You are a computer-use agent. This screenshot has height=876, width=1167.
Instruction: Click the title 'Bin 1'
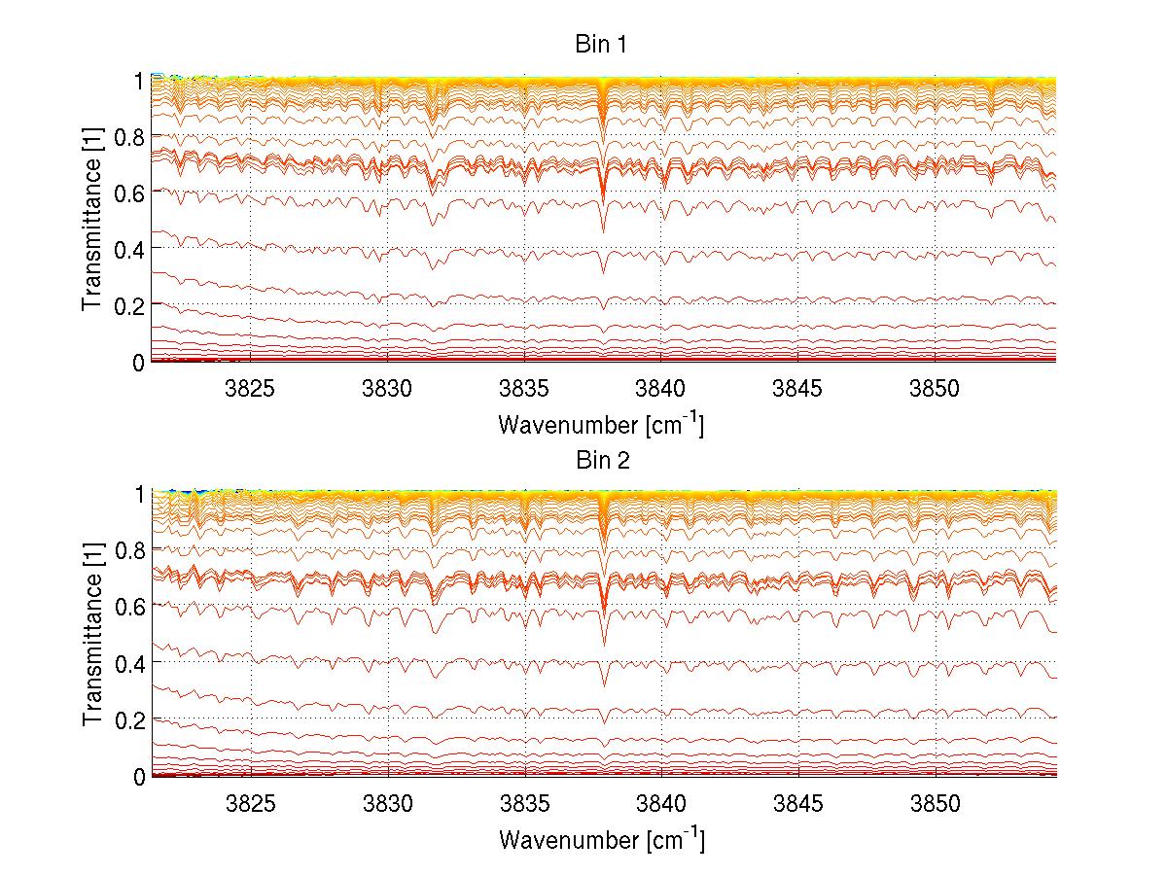point(600,46)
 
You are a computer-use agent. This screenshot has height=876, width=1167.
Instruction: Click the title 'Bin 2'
point(600,461)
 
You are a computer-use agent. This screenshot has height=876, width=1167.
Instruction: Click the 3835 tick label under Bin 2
point(525,804)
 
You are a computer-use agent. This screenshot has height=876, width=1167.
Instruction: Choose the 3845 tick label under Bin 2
point(798,804)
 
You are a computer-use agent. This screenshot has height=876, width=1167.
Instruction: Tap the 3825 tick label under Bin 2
point(251,804)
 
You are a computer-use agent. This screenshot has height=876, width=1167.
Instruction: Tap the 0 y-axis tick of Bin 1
point(140,362)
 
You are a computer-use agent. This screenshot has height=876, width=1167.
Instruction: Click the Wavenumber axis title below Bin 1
point(600,425)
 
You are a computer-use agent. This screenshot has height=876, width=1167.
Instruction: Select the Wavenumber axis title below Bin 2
point(600,839)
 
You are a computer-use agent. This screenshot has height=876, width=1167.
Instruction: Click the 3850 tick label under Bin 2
point(936,804)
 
